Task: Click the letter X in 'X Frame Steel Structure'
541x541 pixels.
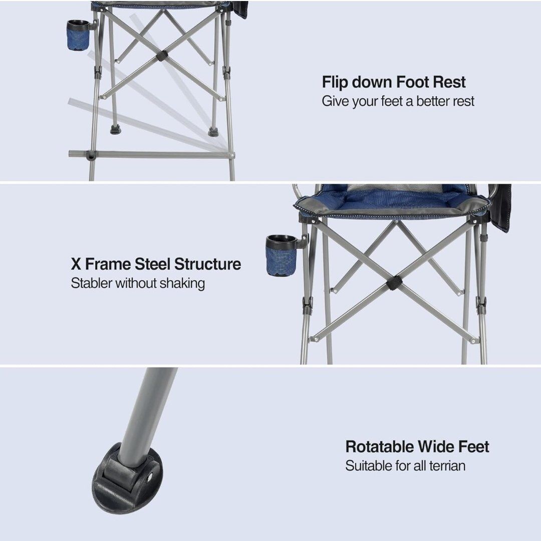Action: click(x=76, y=264)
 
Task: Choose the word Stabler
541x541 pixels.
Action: click(x=92, y=283)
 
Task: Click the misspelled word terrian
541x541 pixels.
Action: click(x=447, y=466)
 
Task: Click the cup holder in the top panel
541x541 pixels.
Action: click(x=79, y=35)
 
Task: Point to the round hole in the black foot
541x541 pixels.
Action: click(x=150, y=477)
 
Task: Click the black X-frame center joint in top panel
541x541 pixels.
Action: click(x=161, y=56)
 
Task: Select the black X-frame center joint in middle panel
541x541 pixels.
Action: click(x=393, y=284)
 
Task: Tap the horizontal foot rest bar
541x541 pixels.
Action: click(x=151, y=154)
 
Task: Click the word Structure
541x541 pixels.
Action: click(x=207, y=264)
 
